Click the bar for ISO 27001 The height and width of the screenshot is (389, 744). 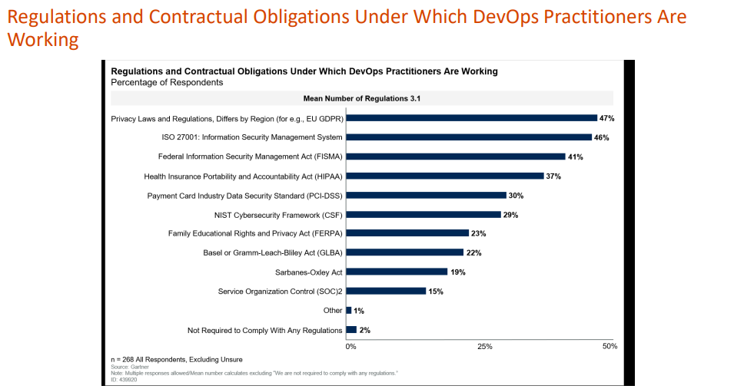tap(469, 137)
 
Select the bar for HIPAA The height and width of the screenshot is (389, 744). tap(445, 176)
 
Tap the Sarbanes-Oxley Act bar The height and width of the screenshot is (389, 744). tap(397, 272)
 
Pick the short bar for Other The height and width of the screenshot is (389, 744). tap(349, 310)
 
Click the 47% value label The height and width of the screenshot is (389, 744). tap(607, 118)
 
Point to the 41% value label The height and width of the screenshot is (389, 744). tap(576, 157)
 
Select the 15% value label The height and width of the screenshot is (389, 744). tap(437, 291)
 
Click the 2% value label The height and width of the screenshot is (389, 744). tap(365, 330)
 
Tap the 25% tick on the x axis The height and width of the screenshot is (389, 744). tap(485, 347)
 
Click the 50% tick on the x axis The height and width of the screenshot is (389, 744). tap(609, 347)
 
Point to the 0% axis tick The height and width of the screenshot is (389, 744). tap(350, 347)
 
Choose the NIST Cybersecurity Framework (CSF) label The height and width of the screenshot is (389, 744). tap(278, 215)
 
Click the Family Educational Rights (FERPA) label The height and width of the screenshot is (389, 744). tap(255, 233)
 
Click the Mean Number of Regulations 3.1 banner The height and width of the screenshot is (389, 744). tap(361, 98)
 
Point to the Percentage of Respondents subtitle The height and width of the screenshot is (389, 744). tap(167, 82)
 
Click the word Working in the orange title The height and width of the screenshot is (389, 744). tap(43, 40)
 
